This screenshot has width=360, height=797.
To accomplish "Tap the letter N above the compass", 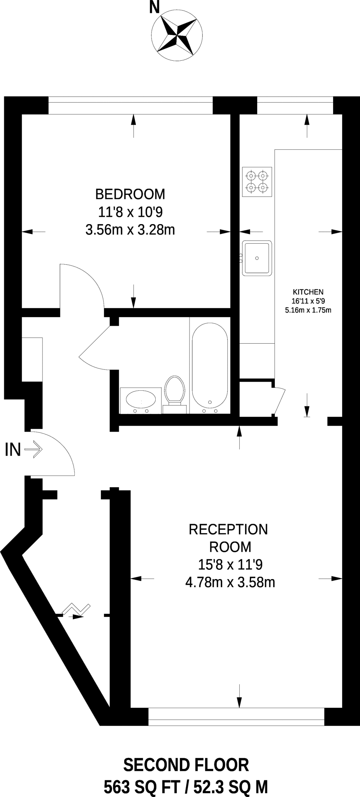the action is point(155,7).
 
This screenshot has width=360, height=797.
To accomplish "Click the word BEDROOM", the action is point(130,193).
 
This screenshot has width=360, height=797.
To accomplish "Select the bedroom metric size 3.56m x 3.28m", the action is point(130,230).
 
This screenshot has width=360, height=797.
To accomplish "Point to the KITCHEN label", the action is point(308,292).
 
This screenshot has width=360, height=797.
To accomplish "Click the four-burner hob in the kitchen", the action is point(257,182).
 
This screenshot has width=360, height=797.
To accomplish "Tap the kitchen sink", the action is point(257,258).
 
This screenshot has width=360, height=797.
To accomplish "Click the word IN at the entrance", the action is point(12,450).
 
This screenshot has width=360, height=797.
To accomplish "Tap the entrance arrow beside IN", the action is point(33,450).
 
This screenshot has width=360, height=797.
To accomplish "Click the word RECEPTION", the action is point(228,529).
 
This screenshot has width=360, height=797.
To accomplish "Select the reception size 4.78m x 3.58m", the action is point(230,583).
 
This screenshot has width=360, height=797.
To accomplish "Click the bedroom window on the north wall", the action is point(130,105).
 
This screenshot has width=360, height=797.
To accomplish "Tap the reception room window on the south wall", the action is point(236,716).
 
